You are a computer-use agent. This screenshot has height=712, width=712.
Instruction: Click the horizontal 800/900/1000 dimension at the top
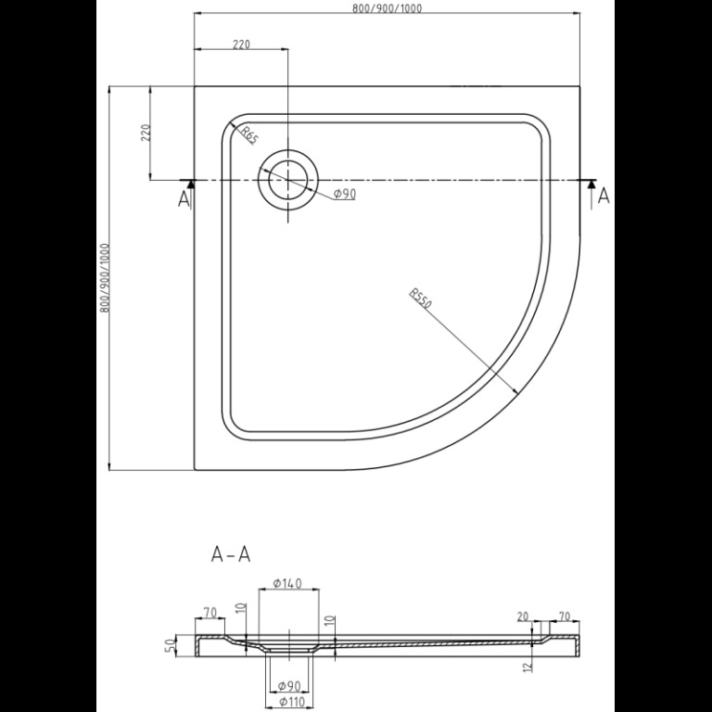387,8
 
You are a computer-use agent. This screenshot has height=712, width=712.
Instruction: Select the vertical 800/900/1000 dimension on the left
105,278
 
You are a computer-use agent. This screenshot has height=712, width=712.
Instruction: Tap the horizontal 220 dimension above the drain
242,44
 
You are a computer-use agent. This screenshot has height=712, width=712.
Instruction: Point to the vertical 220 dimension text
146,133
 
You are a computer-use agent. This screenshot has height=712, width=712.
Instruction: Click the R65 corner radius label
248,134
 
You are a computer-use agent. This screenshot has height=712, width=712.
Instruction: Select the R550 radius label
420,298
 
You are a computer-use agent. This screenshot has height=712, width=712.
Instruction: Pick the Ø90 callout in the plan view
345,194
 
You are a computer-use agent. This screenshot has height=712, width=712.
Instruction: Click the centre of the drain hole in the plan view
288,180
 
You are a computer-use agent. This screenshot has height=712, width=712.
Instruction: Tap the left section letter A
183,199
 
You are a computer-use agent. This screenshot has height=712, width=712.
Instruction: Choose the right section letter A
604,196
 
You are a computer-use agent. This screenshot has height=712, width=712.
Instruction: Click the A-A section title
231,554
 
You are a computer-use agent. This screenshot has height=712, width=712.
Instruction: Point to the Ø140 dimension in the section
287,582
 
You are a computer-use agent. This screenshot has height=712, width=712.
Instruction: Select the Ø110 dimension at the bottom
290,702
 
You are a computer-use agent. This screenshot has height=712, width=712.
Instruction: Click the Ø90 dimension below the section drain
289,685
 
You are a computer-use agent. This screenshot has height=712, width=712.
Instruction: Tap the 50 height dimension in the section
169,644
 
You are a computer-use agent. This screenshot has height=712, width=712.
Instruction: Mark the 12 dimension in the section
527,667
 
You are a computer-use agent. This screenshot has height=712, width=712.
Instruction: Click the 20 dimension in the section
523,617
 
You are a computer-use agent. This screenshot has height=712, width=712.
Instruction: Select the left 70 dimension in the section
210,613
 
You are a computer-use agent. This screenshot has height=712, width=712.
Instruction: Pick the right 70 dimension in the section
564,617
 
